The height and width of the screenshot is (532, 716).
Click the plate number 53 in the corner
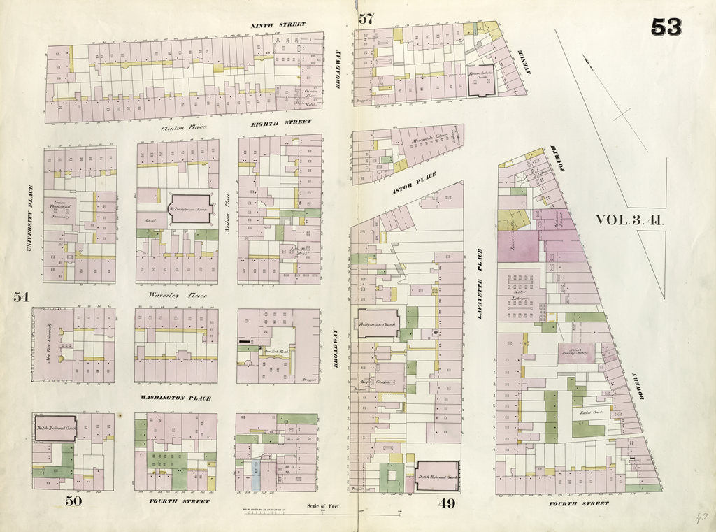[666, 27]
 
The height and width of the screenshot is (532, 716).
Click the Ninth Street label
[278, 25]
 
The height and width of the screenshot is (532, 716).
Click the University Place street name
[30, 217]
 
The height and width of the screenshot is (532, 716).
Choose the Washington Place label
[176, 398]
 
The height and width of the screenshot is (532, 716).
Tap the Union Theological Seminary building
[63, 208]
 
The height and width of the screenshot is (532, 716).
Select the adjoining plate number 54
[21, 296]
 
